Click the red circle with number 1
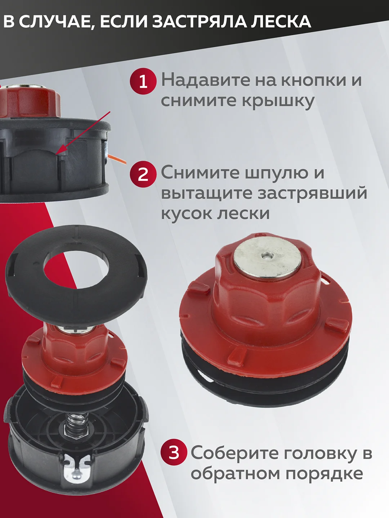(x=143, y=81)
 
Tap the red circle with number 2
(x=143, y=174)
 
